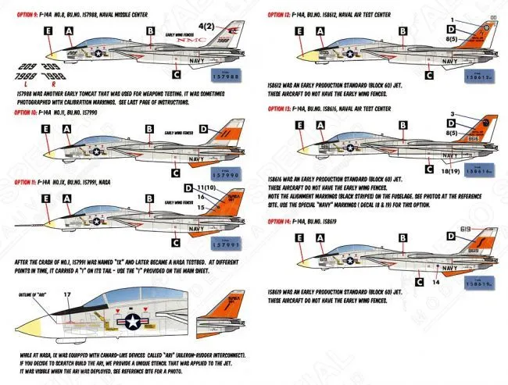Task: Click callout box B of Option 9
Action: coord(149,31)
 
